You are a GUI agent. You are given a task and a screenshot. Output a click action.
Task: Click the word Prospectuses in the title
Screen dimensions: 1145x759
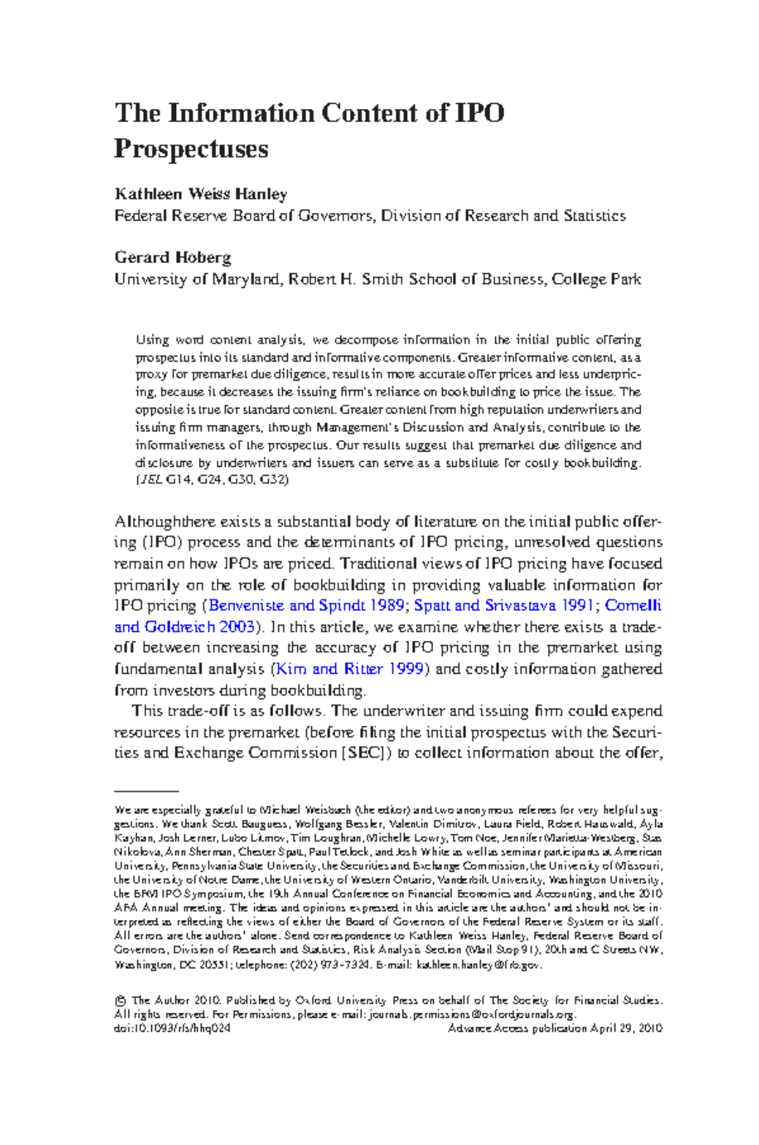pos(191,149)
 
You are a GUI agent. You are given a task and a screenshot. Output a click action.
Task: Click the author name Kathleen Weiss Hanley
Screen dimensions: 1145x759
pos(201,194)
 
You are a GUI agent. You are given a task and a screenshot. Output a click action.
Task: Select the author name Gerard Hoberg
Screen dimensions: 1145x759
pos(173,257)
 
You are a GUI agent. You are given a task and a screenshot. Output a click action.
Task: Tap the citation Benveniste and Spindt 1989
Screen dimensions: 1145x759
pos(307,605)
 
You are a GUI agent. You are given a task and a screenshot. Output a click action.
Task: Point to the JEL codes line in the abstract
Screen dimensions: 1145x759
pos(212,480)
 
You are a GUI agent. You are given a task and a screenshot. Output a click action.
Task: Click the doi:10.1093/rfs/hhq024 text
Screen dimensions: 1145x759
pos(172,1028)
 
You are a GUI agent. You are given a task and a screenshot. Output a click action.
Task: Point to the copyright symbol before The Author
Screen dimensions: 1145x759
pos(120,1001)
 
